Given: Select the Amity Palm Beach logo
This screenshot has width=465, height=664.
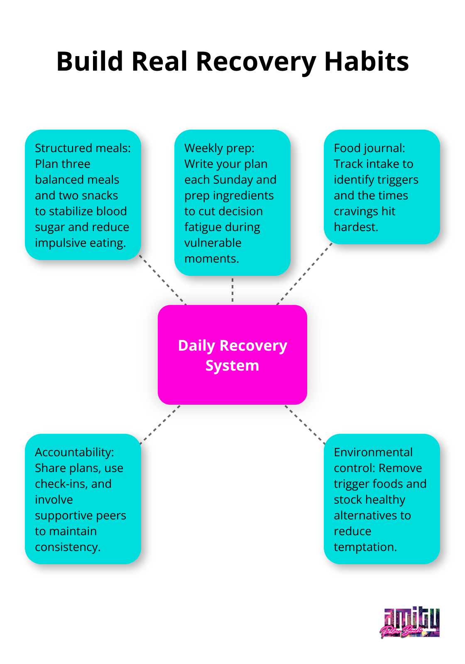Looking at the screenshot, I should click(410, 622).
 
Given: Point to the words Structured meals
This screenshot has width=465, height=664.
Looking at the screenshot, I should click(83, 148).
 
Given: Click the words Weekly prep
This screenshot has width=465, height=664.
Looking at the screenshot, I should click(219, 148).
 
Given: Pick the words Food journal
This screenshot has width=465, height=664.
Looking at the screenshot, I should click(369, 148).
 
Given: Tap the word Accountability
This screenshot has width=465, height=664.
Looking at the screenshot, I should click(74, 453).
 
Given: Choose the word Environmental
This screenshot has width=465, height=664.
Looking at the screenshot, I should click(373, 453).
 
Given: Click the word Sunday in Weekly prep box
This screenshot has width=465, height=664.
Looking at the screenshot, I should click(232, 180).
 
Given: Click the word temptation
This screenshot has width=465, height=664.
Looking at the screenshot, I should click(365, 547).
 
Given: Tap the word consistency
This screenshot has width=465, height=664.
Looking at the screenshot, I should click(68, 547).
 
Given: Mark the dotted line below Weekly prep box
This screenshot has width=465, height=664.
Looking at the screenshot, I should click(232, 290).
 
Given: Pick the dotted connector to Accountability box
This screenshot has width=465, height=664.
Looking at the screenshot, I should click(160, 424).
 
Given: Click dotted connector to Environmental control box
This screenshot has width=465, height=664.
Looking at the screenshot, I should click(305, 424).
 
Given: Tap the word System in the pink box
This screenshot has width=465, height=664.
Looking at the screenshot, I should click(232, 366).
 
